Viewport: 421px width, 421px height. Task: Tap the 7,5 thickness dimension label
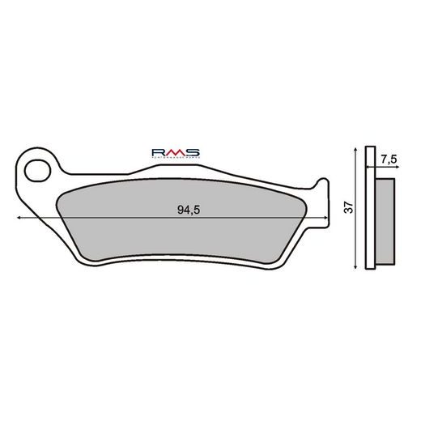[388, 159]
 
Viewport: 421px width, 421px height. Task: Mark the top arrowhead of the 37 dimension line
[357, 151]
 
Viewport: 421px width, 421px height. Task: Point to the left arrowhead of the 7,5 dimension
[368, 168]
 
